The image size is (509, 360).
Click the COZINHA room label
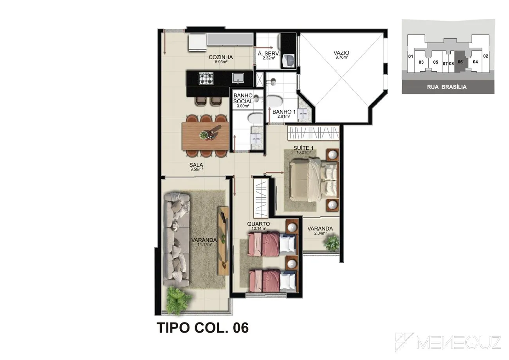221,57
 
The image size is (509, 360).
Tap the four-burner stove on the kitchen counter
206,78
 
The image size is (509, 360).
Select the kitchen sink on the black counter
238,78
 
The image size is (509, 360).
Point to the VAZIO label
341,53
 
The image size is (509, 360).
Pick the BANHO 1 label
284,112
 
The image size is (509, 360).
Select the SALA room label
196,165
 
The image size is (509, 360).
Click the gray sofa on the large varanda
176,239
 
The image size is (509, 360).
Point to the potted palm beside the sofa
179,300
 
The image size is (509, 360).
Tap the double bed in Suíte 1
314,180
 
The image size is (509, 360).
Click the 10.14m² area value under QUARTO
259,229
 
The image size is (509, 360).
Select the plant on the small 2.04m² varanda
332,243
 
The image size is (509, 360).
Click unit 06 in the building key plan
460,62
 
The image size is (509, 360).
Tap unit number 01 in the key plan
410,56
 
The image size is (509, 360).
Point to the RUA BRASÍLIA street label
447,87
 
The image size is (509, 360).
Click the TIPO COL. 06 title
202,328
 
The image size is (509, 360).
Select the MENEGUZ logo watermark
448,342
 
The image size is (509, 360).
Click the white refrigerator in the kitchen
197,42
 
